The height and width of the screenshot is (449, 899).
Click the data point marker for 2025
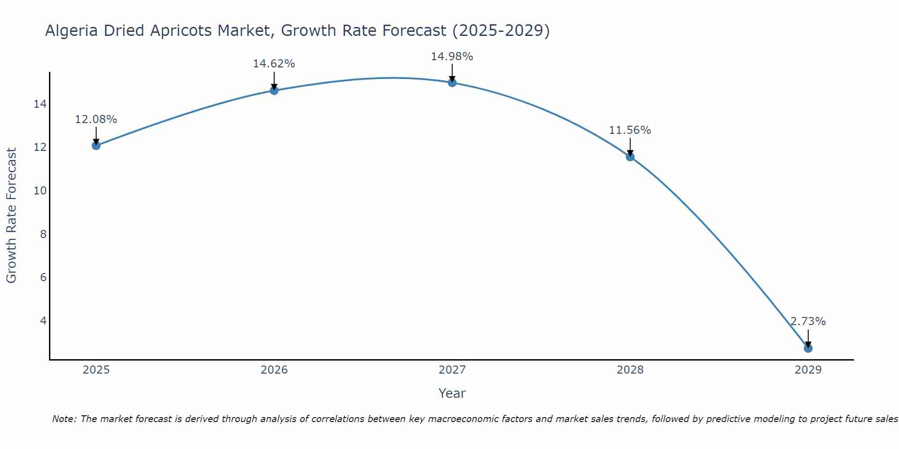[96, 145]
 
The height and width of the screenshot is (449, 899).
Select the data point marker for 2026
[274, 90]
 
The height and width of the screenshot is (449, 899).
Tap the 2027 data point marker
[452, 83]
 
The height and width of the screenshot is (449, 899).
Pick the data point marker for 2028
[630, 157]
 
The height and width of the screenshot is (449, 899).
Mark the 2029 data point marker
[808, 348]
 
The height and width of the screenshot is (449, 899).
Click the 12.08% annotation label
[96, 119]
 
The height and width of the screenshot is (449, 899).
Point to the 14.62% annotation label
[274, 64]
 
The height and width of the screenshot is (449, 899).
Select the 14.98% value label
[452, 57]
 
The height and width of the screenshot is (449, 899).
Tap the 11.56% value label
[630, 130]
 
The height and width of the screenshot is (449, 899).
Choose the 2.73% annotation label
[808, 321]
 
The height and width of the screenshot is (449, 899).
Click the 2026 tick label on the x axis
[274, 370]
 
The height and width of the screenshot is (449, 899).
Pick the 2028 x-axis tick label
[630, 370]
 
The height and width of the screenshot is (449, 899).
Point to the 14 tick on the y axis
[40, 104]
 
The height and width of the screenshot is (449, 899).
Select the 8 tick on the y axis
[44, 234]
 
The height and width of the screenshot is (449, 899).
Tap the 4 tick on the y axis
[44, 321]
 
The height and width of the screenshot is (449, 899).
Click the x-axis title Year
[452, 393]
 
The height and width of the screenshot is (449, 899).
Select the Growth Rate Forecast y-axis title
[11, 216]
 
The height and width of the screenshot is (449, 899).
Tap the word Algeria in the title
[72, 31]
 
